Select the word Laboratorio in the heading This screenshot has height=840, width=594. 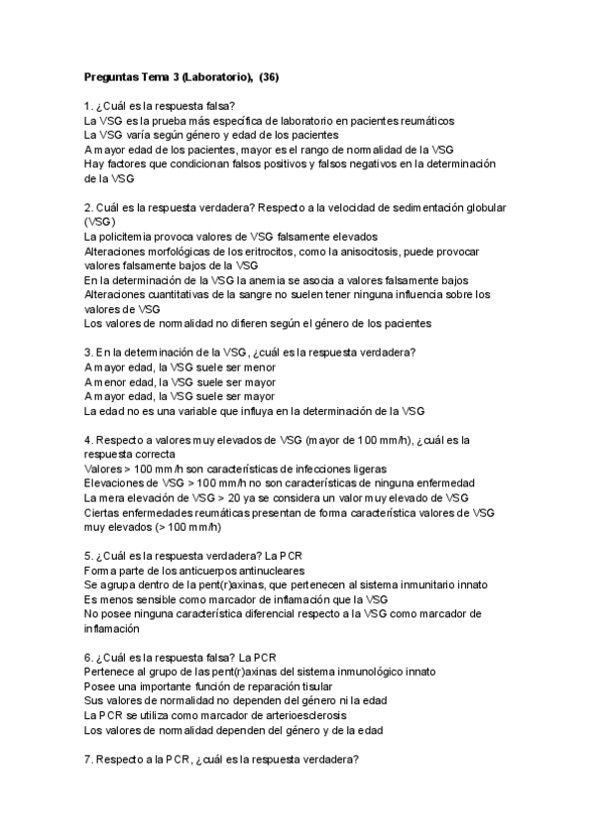point(218,76)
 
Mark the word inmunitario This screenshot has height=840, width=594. point(394,584)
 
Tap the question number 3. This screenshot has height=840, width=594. point(87,353)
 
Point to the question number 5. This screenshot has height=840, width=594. point(87,556)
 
